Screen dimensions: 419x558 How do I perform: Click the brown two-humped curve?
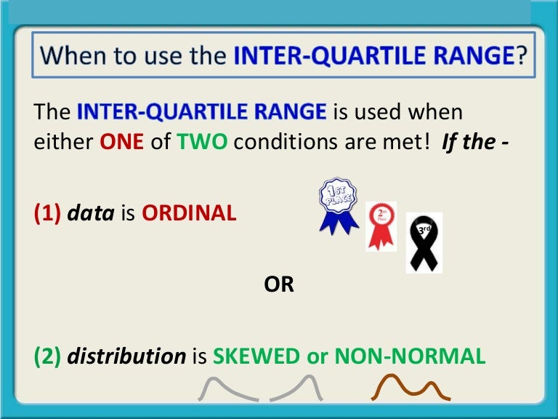pyautogui.click(x=411, y=387)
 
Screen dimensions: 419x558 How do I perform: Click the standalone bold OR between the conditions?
pyautogui.click(x=279, y=284)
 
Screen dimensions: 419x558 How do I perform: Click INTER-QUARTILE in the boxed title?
pyautogui.click(x=309, y=55)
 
